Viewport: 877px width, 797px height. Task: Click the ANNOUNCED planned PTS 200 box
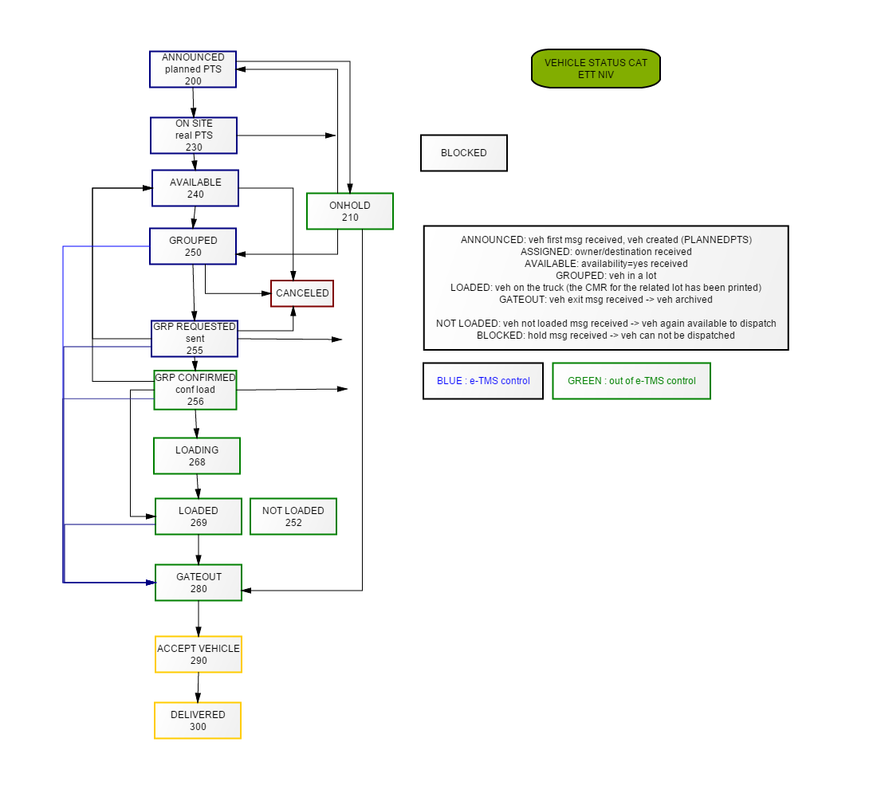[x=193, y=69]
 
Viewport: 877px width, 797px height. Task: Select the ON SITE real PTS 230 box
[x=194, y=135]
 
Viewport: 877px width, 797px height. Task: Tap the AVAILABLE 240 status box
[x=195, y=188]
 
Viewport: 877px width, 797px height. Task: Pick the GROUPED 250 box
[x=193, y=246]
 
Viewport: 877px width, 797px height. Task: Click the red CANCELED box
[x=302, y=293]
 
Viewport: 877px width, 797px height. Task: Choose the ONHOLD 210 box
[x=350, y=211]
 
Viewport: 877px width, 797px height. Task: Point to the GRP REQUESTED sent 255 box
[x=195, y=339]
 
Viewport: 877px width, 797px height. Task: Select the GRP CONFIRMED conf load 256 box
[x=195, y=390]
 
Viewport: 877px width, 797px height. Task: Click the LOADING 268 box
[x=197, y=456]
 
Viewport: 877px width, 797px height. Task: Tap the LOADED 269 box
[x=199, y=516]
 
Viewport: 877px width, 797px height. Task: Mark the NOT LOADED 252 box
[x=293, y=516]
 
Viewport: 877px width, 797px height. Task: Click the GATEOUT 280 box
[x=199, y=583]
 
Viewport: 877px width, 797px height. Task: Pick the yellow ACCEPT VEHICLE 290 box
[x=199, y=654]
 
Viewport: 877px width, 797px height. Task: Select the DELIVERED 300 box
[x=198, y=720]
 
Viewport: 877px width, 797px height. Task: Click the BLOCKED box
[x=464, y=153]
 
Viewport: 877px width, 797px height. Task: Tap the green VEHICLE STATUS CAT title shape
[x=596, y=69]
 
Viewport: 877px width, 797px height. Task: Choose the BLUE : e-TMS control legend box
[x=483, y=381]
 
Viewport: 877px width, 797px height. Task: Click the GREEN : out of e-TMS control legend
[x=631, y=381]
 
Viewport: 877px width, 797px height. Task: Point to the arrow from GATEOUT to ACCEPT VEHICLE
[x=199, y=618]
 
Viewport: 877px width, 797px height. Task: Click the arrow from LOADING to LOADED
[x=198, y=486]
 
